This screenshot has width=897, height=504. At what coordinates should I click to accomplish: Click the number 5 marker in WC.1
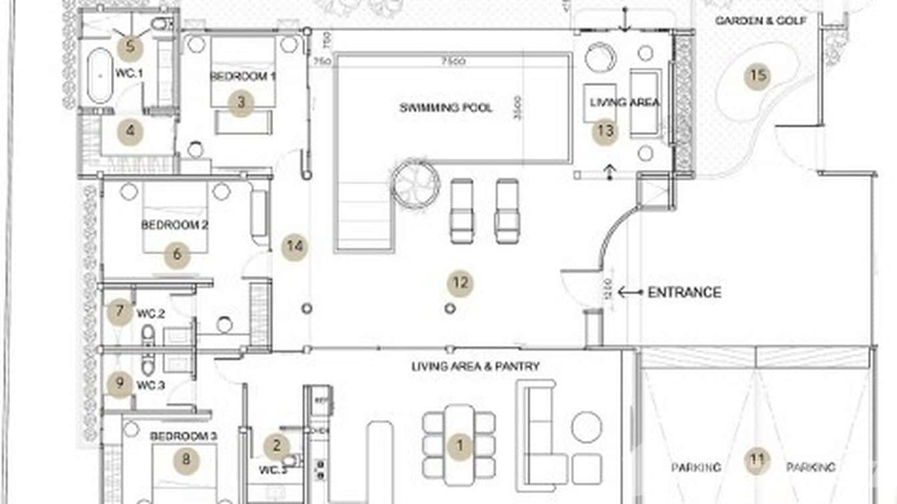pyautogui.click(x=130, y=47)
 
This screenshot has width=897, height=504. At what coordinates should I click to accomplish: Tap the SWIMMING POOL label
pyautogui.click(x=446, y=108)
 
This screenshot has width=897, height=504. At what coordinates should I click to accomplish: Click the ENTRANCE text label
pyautogui.click(x=684, y=292)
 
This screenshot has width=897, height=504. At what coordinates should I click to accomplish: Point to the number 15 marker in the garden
pyautogui.click(x=757, y=76)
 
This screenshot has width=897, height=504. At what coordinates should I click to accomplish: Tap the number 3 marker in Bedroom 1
pyautogui.click(x=241, y=103)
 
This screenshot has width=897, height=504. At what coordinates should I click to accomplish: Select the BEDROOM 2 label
pyautogui.click(x=174, y=225)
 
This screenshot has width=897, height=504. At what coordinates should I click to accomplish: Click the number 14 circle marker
pyautogui.click(x=294, y=247)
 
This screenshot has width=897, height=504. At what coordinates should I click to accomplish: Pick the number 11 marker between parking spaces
pyautogui.click(x=757, y=460)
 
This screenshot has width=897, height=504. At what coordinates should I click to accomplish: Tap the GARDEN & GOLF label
pyautogui.click(x=761, y=21)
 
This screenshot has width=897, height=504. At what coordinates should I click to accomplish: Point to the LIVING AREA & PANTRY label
pyautogui.click(x=475, y=366)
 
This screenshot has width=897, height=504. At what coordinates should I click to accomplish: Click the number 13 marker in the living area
pyautogui.click(x=605, y=131)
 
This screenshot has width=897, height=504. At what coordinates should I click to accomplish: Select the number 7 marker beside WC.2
pyautogui.click(x=120, y=311)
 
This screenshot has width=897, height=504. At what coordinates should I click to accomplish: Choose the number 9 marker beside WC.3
pyautogui.click(x=120, y=384)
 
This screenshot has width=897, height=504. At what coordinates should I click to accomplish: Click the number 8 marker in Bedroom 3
pyautogui.click(x=186, y=459)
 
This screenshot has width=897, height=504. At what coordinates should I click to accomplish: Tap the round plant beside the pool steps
pyautogui.click(x=415, y=183)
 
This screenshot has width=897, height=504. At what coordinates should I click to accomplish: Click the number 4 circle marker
pyautogui.click(x=130, y=132)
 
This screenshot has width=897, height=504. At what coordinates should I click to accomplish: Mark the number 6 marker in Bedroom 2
pyautogui.click(x=177, y=254)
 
